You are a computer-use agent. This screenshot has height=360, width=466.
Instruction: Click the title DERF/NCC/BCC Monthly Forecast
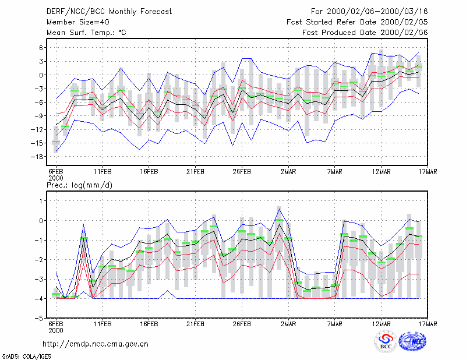tap(109, 12)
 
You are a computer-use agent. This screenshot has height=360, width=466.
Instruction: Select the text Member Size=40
tap(78, 22)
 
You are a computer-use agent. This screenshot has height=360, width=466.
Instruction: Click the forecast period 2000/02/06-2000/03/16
tap(369, 12)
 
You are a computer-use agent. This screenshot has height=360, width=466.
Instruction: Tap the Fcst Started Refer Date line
tap(357, 22)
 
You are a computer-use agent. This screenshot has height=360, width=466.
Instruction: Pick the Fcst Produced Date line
tap(365, 33)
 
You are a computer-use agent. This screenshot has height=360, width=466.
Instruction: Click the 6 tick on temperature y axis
tap(41, 48)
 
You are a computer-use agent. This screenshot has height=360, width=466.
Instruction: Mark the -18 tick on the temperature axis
tap(37, 157)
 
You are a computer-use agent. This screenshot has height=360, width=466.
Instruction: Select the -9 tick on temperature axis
tap(39, 116)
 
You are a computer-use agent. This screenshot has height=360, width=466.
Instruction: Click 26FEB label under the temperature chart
tap(242, 172)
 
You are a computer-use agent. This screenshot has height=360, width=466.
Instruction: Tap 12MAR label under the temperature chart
tap(382, 172)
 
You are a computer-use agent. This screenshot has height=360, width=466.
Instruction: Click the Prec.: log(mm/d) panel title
tap(79, 185)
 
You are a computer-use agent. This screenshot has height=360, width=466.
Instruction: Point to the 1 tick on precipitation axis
tap(41, 201)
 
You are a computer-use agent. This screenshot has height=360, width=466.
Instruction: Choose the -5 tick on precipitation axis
tap(39, 318)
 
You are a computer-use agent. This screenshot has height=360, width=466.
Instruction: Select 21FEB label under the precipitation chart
tap(195, 324)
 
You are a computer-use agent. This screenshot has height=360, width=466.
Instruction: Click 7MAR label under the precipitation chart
tap(334, 324)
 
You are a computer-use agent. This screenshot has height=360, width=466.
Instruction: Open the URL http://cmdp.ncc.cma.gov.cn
tap(96, 344)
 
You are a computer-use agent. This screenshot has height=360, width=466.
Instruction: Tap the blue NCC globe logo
tap(412, 341)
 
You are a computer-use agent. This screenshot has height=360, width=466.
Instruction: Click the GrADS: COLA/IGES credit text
tap(26, 357)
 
